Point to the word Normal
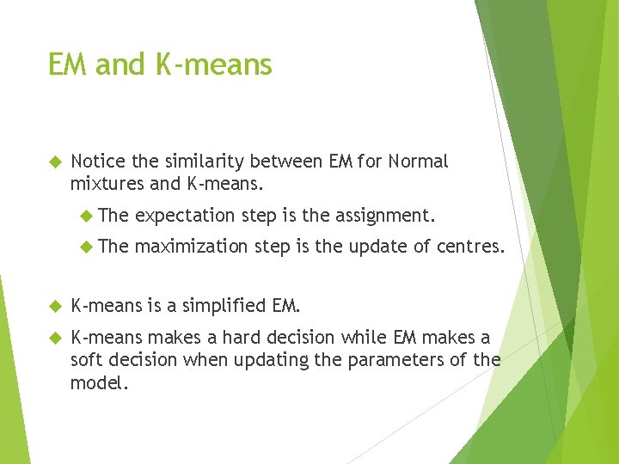point(418,162)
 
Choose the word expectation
point(184,214)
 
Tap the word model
point(99,382)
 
